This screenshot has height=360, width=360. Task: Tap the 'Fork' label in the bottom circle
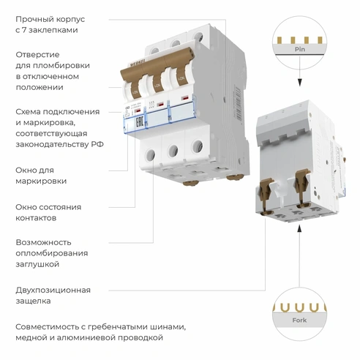pyautogui.click(x=299, y=319)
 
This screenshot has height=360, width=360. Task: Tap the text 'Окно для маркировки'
pyautogui.click(x=41, y=175)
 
